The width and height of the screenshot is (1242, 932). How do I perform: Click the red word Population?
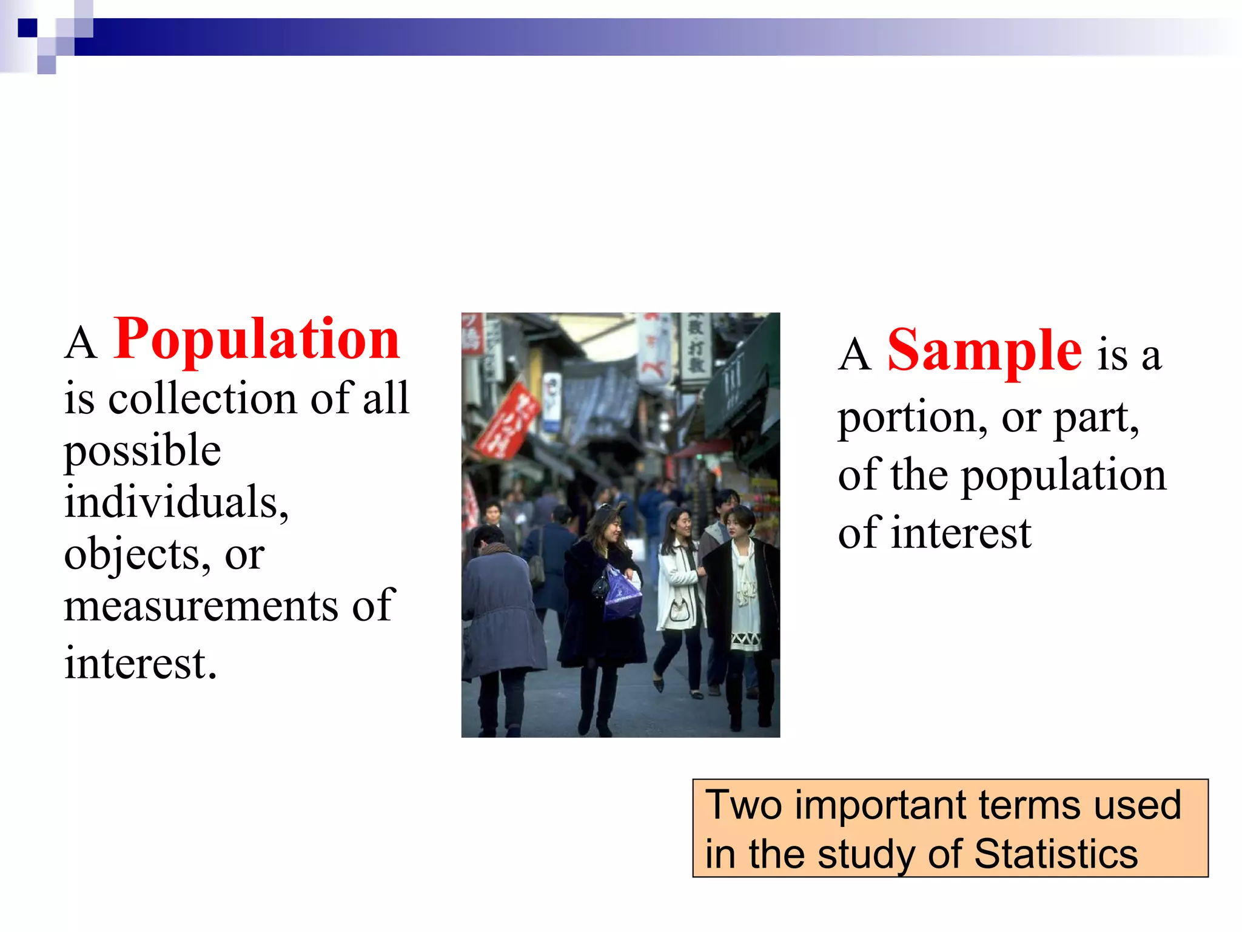tap(257, 339)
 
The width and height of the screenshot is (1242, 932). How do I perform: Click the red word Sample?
tap(984, 351)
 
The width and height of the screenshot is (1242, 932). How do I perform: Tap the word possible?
tap(143, 451)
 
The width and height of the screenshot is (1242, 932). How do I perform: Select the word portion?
tap(907, 418)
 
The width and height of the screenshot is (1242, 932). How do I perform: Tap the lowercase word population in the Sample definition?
tap(1064, 475)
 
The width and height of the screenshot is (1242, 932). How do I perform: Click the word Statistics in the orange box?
tap(1056, 854)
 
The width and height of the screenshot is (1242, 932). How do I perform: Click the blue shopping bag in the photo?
tap(622, 593)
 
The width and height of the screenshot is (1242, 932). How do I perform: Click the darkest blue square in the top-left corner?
tap(27, 28)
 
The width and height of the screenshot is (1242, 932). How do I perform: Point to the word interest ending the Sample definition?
tap(961, 533)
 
